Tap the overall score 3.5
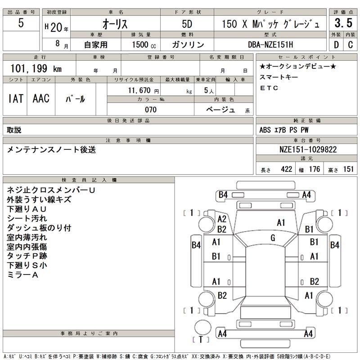tap(343, 23)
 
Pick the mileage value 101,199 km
tap(36, 68)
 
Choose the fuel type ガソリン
tap(188, 45)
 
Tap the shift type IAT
tap(15, 99)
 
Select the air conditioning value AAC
tap(41, 99)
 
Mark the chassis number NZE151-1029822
tap(305, 149)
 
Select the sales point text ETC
tap(269, 88)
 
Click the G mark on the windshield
tap(273, 238)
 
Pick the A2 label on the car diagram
tap(222, 219)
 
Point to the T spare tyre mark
tap(201, 339)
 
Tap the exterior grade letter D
tap(336, 45)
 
